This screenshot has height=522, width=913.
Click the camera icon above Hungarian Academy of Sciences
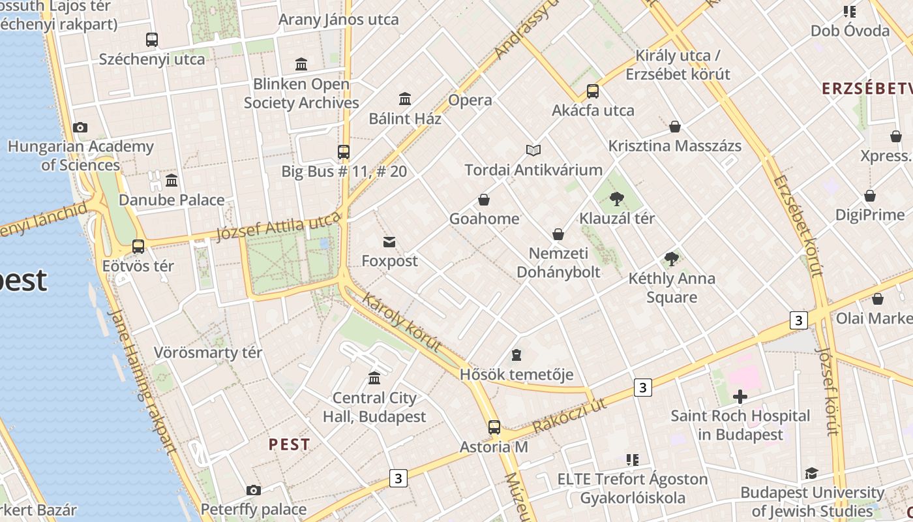[x=80, y=127]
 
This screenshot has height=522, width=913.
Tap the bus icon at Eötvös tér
[x=138, y=247]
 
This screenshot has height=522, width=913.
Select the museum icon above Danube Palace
[x=172, y=180]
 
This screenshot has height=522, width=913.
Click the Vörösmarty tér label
[x=208, y=353]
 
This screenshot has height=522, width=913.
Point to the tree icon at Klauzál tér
[x=616, y=199]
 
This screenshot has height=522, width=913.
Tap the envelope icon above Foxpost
[x=389, y=242]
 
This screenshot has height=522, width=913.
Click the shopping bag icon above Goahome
[x=484, y=200]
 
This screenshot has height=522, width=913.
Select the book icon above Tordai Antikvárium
[x=533, y=151]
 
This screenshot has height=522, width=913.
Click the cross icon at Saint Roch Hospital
[x=740, y=397]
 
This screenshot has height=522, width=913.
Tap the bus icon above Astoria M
[x=494, y=427]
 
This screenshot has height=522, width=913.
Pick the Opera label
[x=470, y=100]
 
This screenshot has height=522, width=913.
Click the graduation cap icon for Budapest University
[x=811, y=474]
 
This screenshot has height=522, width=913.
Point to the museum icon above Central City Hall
[x=374, y=378]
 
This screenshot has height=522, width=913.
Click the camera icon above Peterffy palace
[x=254, y=490]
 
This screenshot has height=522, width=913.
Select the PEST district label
[x=290, y=445]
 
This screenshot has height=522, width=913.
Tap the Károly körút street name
[x=401, y=322]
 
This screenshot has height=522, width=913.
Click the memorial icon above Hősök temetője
[x=516, y=356]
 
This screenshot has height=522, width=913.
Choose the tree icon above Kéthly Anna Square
[x=672, y=259]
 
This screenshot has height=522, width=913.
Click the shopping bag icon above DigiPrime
[x=870, y=196]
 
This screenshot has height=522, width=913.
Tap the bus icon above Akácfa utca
[x=593, y=91]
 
